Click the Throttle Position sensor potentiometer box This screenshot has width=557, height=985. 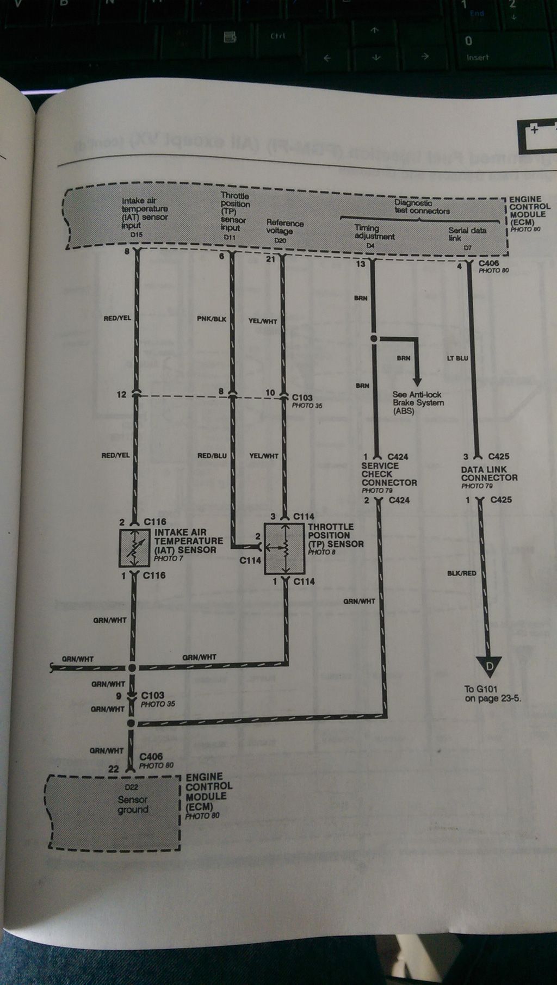pos(284,549)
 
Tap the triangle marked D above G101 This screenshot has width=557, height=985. pos(489,666)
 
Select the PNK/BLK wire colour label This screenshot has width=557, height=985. pos(212,319)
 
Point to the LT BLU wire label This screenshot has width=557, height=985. pos(457,358)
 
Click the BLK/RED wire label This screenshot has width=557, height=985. pos(461,573)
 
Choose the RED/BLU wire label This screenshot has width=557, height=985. pos(212,456)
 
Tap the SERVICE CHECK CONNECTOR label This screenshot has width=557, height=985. pos(388,474)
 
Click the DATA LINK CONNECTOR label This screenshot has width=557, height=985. pos(489,474)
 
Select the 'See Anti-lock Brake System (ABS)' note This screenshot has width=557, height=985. pos(418,402)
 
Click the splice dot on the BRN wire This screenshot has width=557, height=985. pos(374,338)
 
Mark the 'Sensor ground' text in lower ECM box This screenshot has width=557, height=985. pos(132,804)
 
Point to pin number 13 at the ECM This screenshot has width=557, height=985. pos(361,265)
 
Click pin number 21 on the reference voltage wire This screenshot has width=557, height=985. pos(270,259)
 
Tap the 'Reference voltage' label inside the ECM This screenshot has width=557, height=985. pos(284,227)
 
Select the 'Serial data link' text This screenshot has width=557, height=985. pos(466,234)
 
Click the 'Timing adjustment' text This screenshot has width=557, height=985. pos(374,232)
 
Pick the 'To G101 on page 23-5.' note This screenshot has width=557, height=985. pos(492,693)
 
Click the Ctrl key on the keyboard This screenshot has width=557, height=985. pos(277,36)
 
